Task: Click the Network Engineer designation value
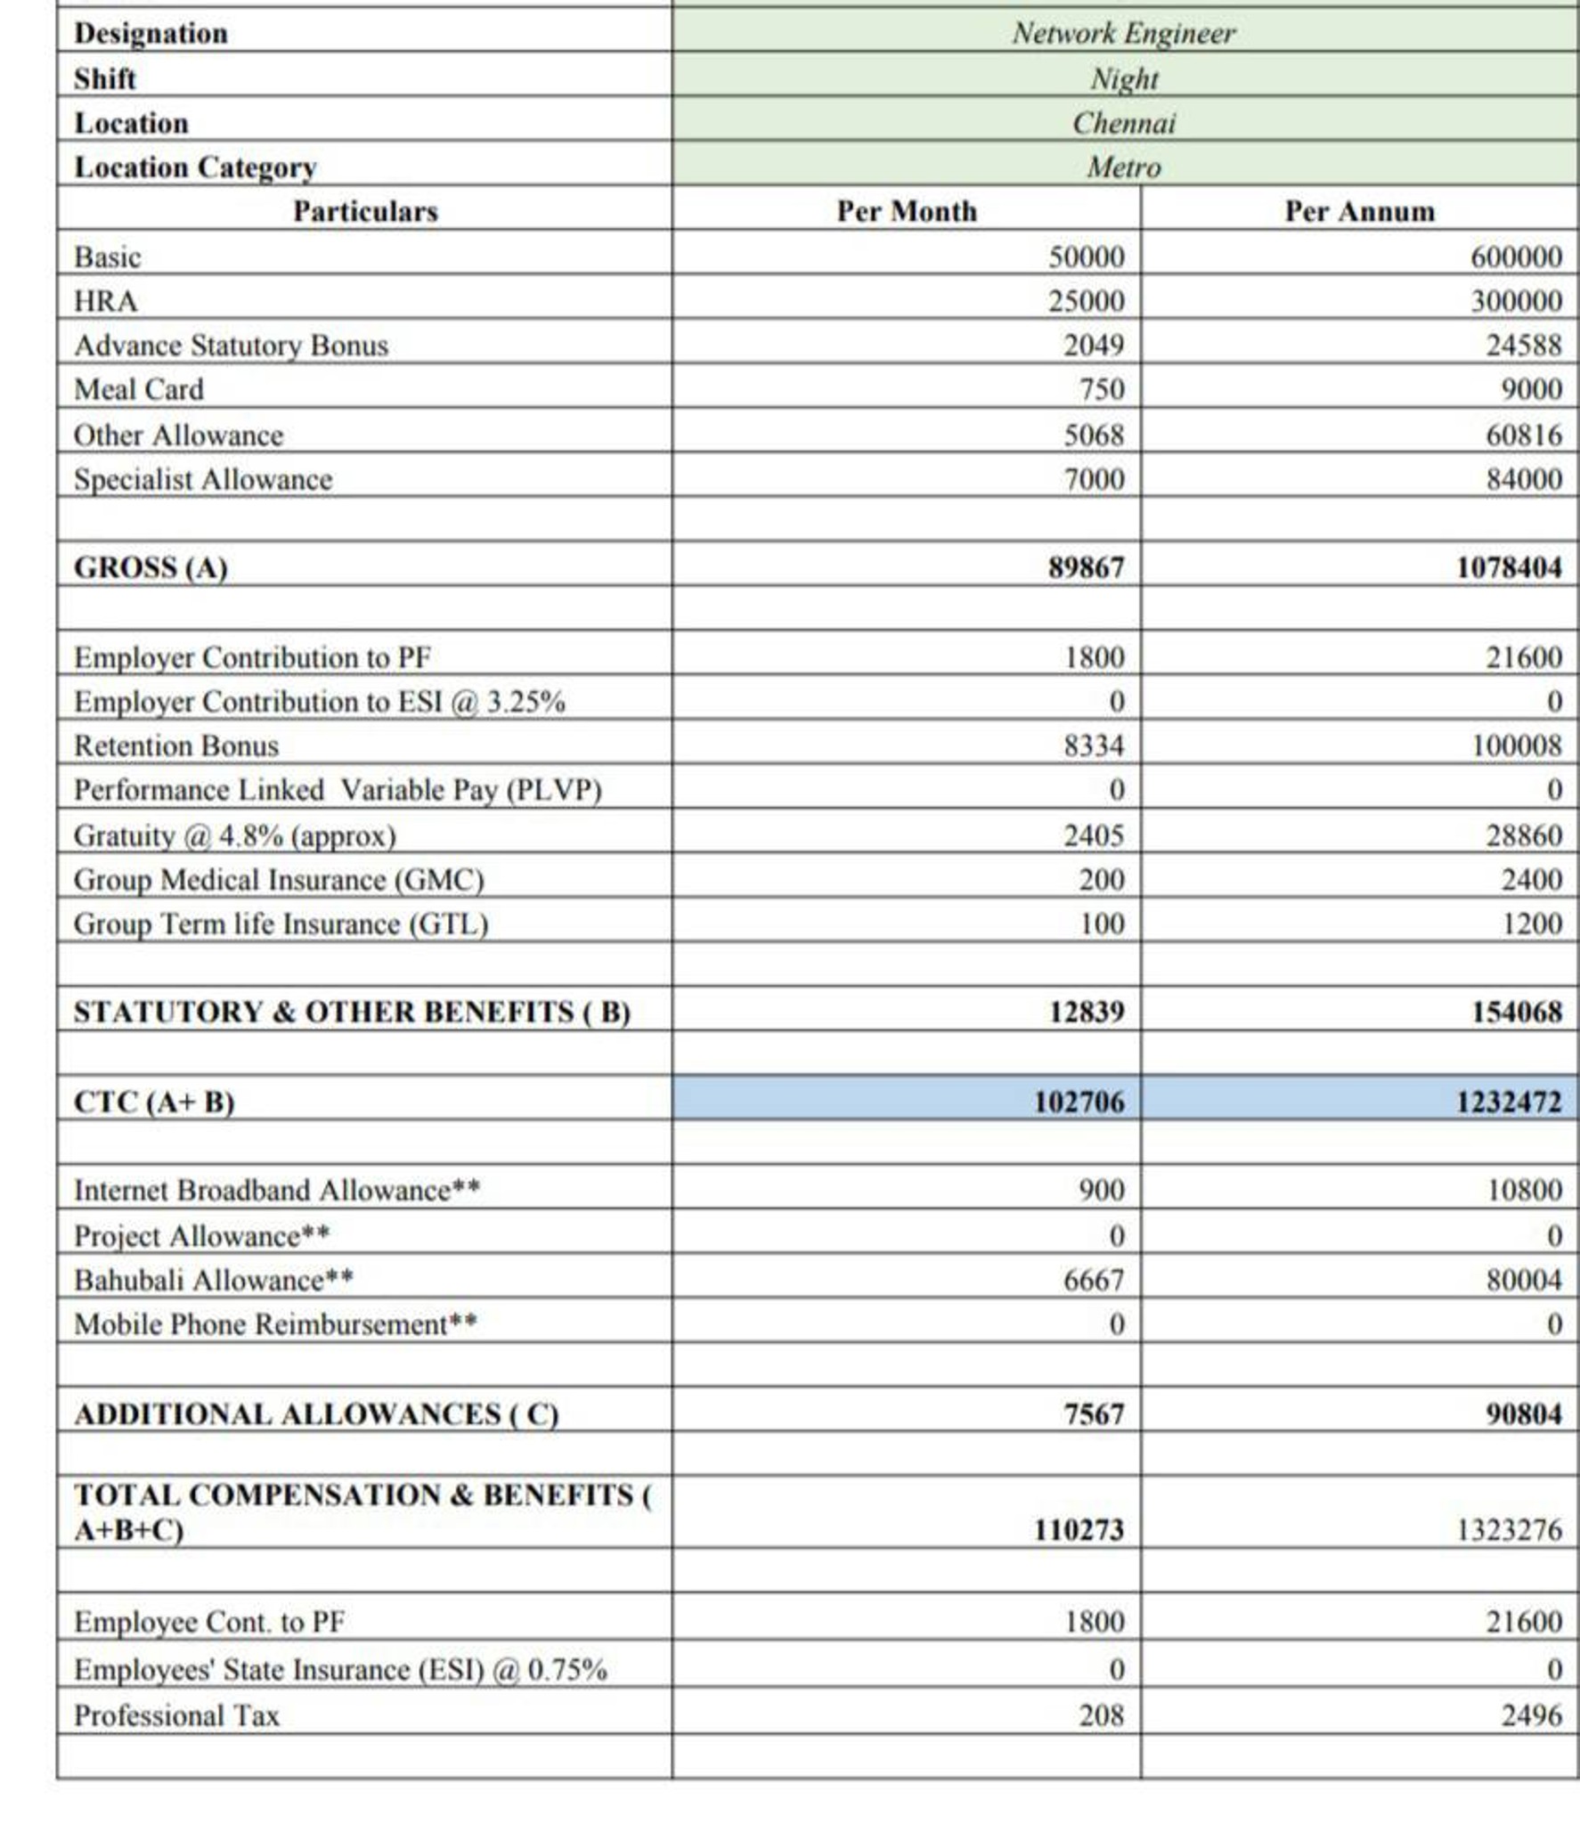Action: click(1123, 33)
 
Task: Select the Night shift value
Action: click(1124, 78)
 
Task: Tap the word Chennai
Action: click(1123, 123)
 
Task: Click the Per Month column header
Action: click(906, 211)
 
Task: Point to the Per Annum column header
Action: click(1359, 211)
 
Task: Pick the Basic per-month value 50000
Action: click(1086, 256)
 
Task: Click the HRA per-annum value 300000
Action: click(1516, 301)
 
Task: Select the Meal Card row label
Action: click(138, 389)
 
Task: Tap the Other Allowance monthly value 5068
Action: click(1094, 435)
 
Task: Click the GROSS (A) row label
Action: click(151, 567)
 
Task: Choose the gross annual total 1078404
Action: click(1508, 567)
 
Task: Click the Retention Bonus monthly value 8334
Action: click(1094, 745)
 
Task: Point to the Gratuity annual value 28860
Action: click(1523, 835)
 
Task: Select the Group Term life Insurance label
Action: click(281, 924)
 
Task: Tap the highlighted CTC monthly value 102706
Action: click(1079, 1102)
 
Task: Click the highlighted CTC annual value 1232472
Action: click(1508, 1102)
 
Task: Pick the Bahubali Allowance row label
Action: click(213, 1280)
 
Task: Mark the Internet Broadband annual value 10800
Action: click(1524, 1190)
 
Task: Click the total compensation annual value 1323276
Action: click(1508, 1530)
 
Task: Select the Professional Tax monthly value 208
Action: click(1101, 1715)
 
